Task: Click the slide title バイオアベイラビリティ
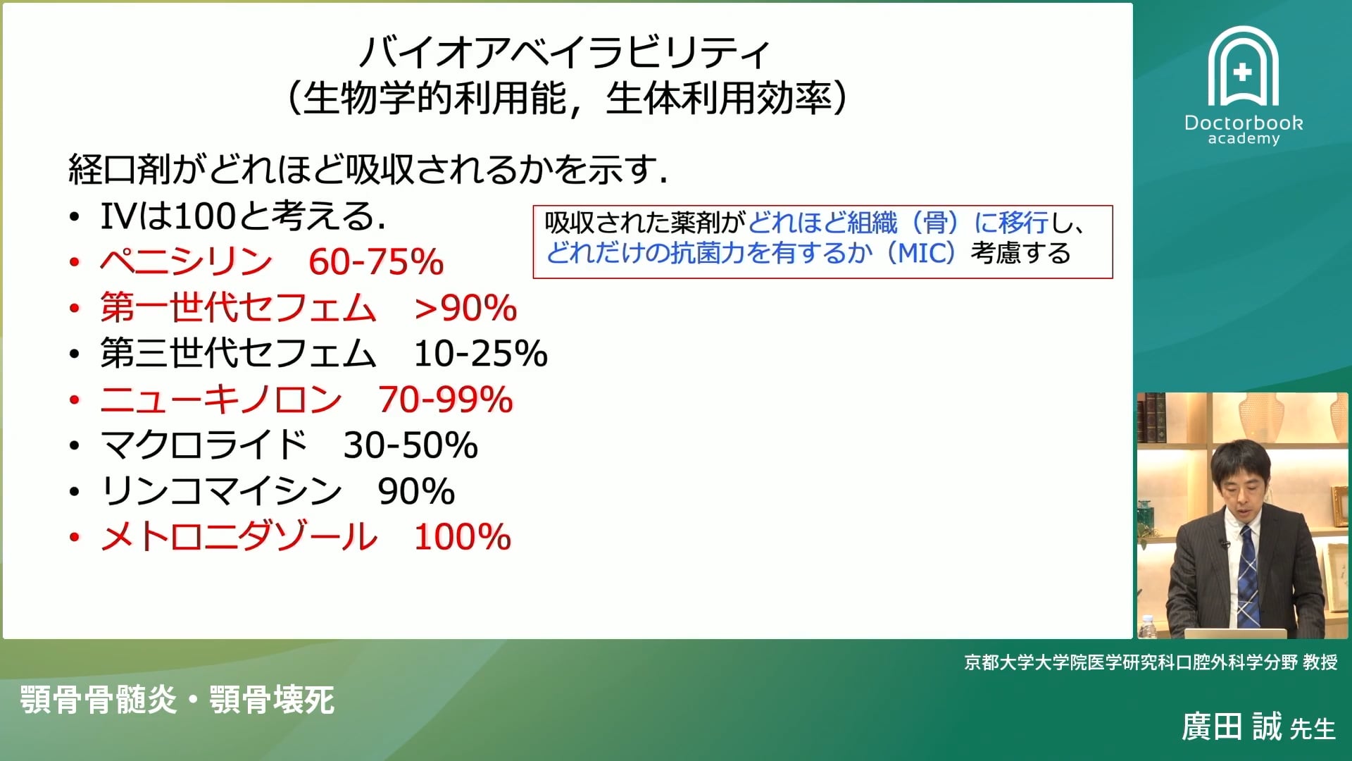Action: point(565,51)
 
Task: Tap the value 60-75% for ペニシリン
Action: point(376,262)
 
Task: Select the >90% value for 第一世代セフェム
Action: point(465,308)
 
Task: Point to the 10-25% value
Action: point(480,354)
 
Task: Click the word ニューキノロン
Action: point(221,400)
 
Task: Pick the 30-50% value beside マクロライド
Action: point(411,445)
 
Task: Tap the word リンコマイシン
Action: point(221,491)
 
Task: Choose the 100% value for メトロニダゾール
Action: point(462,537)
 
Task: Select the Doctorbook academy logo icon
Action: point(1243,67)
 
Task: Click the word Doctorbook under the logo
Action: point(1243,123)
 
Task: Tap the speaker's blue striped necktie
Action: point(1247,578)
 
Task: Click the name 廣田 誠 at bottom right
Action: point(1232,727)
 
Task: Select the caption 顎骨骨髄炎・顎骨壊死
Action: point(177,700)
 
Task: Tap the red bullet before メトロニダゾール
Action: point(75,538)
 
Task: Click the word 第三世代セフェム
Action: point(238,354)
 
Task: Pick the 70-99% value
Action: point(445,400)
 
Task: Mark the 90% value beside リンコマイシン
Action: point(416,491)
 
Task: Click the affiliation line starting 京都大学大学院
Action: point(1151,662)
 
